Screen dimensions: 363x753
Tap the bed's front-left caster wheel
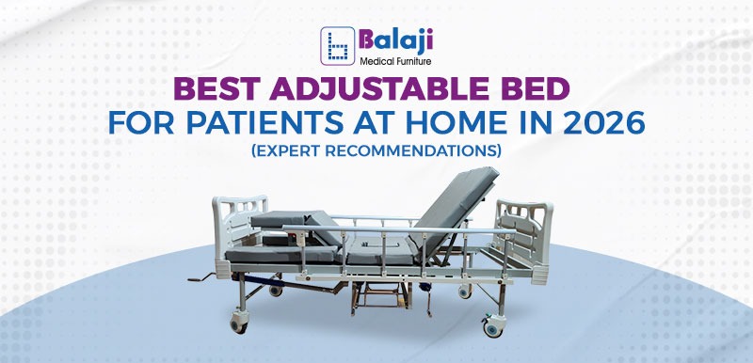240,324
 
